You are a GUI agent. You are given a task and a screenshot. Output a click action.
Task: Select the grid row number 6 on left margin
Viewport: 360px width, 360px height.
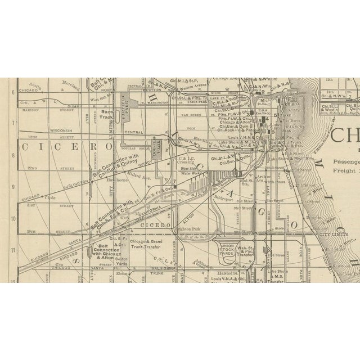click(x=12, y=92)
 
